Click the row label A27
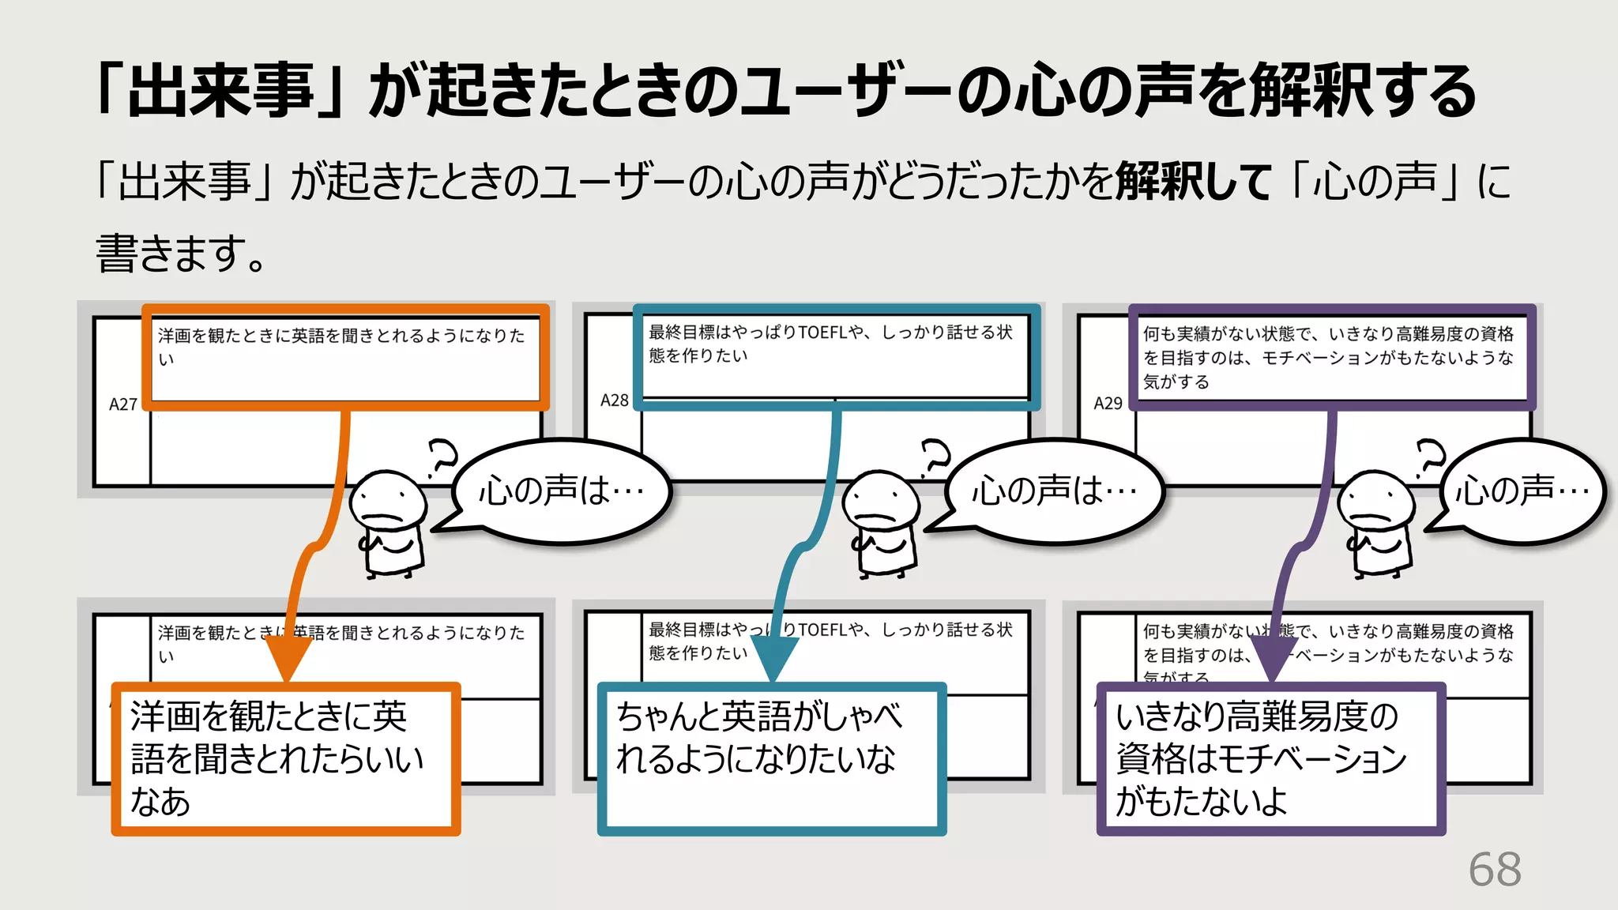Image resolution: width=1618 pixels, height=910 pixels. pos(123,404)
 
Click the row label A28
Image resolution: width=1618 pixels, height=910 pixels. pos(614,400)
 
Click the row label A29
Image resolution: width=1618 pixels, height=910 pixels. pos(1108,404)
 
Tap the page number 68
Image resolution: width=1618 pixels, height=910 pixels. pos(1494,870)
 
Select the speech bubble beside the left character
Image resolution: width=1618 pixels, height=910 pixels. pos(561,491)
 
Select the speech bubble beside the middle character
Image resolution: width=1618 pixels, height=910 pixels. pos(1054,491)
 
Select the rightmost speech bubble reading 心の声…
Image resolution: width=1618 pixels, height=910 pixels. pos(1522,491)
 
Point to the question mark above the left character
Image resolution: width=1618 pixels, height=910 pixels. pos(442,458)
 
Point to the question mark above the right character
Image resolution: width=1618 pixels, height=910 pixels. pos(1430,458)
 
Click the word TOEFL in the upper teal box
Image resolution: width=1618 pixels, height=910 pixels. pos(822,333)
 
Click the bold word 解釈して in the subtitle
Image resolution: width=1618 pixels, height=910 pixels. pos(1193,182)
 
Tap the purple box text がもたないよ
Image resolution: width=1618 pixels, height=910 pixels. pos(1201,801)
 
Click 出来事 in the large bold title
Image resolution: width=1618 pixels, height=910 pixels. pos(220,91)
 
